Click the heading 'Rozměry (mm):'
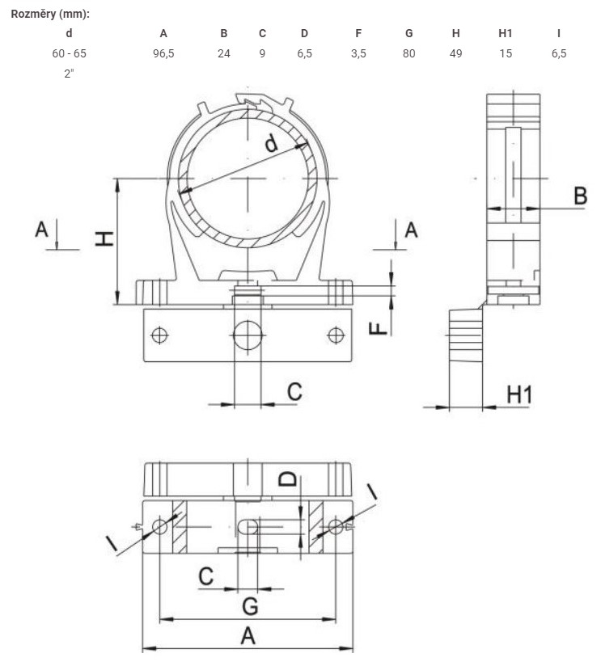(x=50, y=14)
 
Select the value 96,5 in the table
(x=163, y=53)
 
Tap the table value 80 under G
(x=408, y=53)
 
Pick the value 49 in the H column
(x=455, y=53)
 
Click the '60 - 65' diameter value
(x=69, y=53)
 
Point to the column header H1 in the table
(x=506, y=33)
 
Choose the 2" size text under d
(x=69, y=73)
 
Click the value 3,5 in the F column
(x=358, y=53)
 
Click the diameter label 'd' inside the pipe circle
(x=271, y=143)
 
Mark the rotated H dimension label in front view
(x=104, y=238)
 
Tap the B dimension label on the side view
(x=581, y=196)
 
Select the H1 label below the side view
(x=519, y=394)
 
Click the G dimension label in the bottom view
(x=250, y=605)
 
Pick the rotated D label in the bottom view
(x=288, y=479)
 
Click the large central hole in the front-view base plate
(x=248, y=335)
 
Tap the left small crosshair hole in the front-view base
(x=159, y=335)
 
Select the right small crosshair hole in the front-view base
(x=336, y=335)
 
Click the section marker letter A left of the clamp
(x=41, y=230)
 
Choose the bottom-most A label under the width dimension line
(x=248, y=636)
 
